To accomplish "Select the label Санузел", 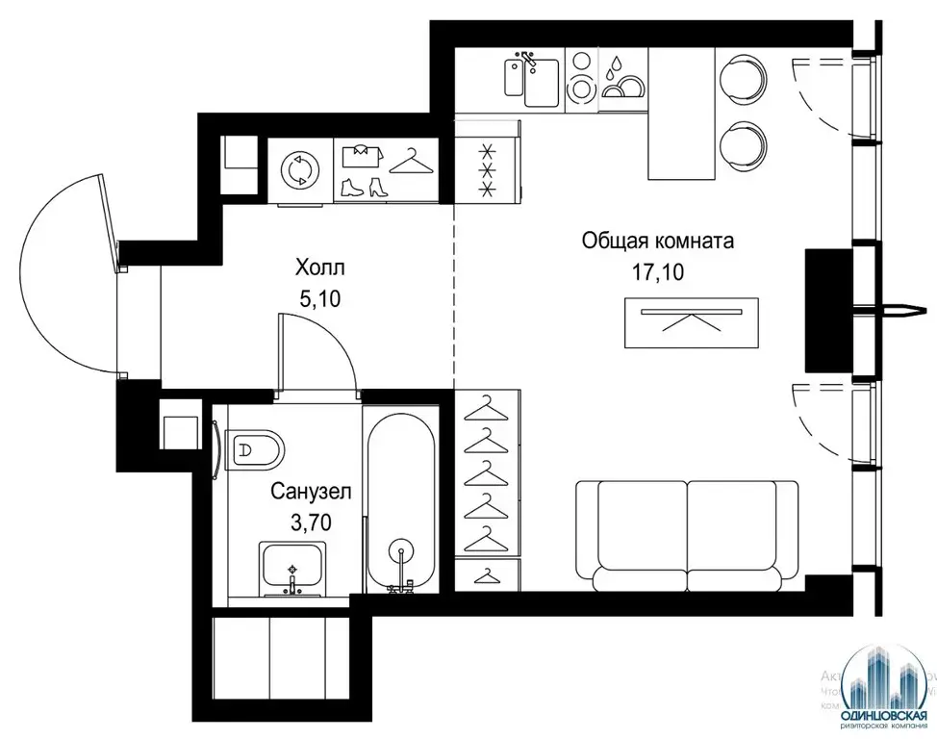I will [x=311, y=492].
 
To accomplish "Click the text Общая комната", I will [x=657, y=241].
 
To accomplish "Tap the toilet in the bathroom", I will [x=258, y=449].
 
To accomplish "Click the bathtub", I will [x=400, y=500].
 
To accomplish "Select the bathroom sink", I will [x=293, y=568].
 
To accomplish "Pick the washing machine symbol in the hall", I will [x=298, y=171].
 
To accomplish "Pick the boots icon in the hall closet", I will [x=363, y=188].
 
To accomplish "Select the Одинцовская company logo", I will [x=879, y=688].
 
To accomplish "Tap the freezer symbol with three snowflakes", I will [x=487, y=171].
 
